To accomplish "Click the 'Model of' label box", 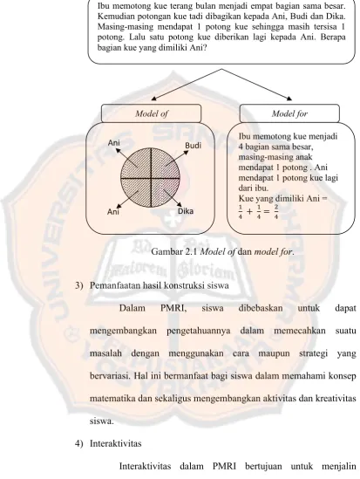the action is (151, 113).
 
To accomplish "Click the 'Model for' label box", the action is (289, 113).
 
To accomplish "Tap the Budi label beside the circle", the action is (194, 146).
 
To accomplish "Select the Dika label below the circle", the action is (186, 211).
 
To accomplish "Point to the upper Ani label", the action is (113, 143).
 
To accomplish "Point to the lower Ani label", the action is (113, 211).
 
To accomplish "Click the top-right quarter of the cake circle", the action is (165, 163).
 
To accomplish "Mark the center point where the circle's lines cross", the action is (152, 178).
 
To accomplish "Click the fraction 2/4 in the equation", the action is (275, 212).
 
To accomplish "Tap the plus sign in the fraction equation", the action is (249, 211).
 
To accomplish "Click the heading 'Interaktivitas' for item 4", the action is (116, 443).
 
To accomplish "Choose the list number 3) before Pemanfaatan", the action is (79, 285).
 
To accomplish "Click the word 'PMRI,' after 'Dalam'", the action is (173, 308).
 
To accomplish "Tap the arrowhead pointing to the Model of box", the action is (154, 99).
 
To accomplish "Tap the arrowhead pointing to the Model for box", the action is (289, 99).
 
